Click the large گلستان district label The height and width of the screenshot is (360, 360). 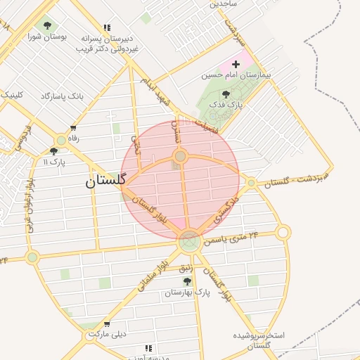coord(105,181)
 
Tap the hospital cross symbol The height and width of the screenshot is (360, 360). coord(236,64)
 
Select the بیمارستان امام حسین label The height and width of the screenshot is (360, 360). coord(237,75)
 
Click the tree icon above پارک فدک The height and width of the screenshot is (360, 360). coord(226,94)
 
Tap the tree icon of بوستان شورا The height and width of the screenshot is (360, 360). coord(47,26)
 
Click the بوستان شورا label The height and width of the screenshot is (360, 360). coord(48,37)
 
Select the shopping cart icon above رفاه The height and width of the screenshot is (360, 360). coord(73,128)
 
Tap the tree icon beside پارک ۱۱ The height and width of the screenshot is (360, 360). coord(53,151)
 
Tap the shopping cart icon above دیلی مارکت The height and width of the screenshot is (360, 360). coord(106,324)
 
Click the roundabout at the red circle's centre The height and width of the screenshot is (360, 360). coord(180,156)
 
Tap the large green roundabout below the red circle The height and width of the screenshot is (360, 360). coord(188,242)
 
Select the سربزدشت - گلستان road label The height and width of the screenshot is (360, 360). coord(295,180)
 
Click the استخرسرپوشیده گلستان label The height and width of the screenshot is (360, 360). coord(260,340)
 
